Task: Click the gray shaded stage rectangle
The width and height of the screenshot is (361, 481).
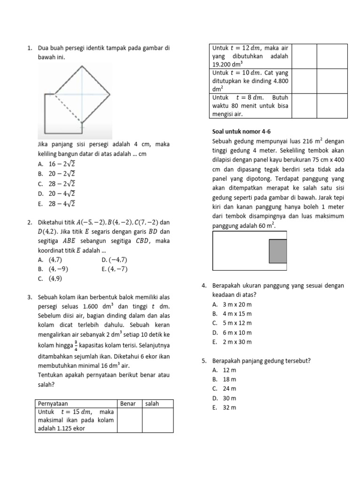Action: pyautogui.click(x=277, y=251)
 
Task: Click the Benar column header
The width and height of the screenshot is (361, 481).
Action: pyautogui.click(x=127, y=403)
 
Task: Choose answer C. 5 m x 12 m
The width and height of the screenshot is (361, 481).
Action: pyautogui.click(x=232, y=323)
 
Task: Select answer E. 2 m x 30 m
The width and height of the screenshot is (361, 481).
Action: pyautogui.click(x=232, y=342)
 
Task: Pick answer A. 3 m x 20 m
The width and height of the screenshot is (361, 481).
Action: pyautogui.click(x=232, y=304)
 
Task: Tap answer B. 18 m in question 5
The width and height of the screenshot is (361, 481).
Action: pyautogui.click(x=224, y=379)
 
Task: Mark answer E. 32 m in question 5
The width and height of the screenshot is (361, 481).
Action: pyautogui.click(x=224, y=407)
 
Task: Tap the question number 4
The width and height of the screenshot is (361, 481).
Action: pyautogui.click(x=204, y=286)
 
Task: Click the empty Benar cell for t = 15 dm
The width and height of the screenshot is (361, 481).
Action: pyautogui.click(x=129, y=420)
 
